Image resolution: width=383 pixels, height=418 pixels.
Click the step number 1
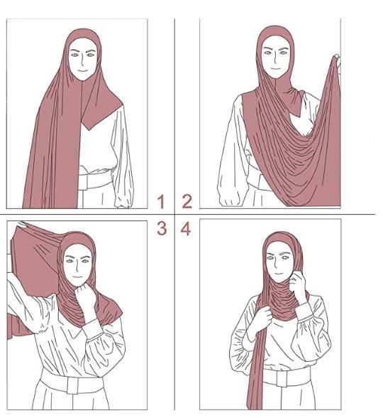click(161, 202)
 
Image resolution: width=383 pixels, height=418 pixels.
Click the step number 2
click(187, 202)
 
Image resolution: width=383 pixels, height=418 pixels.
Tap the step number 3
click(162, 228)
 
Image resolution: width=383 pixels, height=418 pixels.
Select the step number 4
click(186, 229)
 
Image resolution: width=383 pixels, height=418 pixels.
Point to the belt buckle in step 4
click(282, 378)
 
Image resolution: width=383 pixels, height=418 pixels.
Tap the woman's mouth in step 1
click(83, 71)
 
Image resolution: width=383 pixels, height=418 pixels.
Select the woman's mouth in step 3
click(77, 277)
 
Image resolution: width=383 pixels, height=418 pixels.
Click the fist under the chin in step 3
click(84, 293)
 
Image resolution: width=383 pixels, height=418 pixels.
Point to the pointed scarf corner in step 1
click(88, 130)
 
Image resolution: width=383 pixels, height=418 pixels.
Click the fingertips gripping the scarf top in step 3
click(23, 225)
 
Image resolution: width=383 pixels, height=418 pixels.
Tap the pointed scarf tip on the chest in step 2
click(300, 116)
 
